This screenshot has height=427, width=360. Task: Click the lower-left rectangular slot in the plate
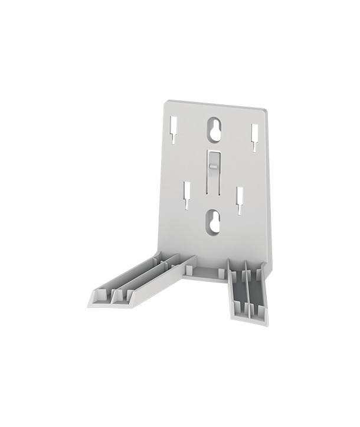186,194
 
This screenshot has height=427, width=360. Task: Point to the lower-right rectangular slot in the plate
241,199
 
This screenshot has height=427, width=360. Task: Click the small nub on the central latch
213,167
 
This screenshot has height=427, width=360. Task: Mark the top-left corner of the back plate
166,101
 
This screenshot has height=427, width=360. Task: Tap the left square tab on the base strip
188,269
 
